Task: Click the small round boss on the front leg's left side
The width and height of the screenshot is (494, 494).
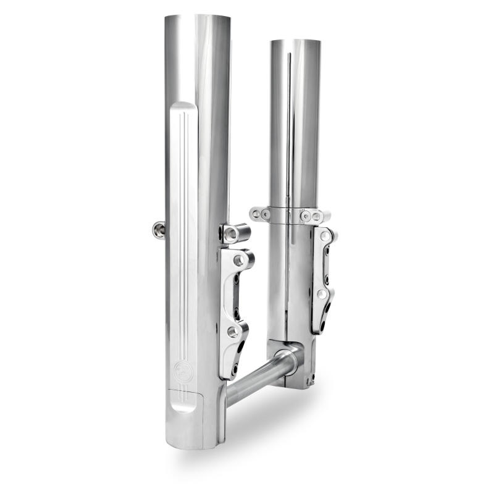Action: (x=159, y=230)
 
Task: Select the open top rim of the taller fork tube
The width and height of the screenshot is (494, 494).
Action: (x=197, y=17)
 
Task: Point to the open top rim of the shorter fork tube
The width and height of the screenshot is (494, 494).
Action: (x=295, y=42)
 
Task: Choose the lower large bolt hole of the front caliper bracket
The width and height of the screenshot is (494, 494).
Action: (x=233, y=332)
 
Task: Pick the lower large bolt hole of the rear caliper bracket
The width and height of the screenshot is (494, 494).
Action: (x=321, y=295)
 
